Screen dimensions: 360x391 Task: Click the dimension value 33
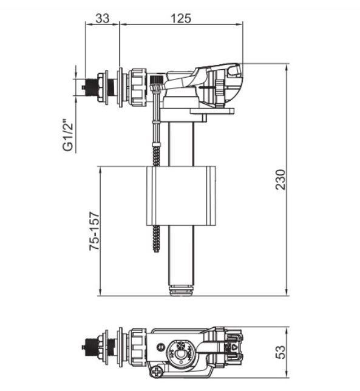pyautogui.click(x=103, y=18)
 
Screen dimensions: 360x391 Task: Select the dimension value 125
pyautogui.click(x=181, y=18)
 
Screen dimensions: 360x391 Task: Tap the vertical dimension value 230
pyautogui.click(x=280, y=180)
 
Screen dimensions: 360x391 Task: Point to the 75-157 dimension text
pyautogui.click(x=95, y=231)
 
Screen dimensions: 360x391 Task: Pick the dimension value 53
pyautogui.click(x=281, y=352)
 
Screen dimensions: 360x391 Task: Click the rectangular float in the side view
pyautogui.click(x=180, y=195)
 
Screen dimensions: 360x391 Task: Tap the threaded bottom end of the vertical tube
pyautogui.click(x=182, y=290)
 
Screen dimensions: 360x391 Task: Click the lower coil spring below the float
pyautogui.click(x=156, y=239)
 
